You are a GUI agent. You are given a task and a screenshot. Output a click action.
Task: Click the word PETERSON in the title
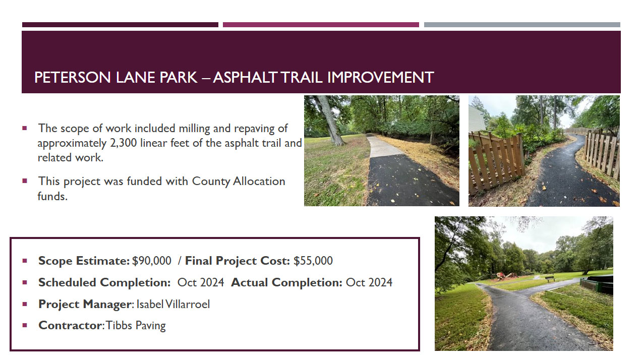pos(73,78)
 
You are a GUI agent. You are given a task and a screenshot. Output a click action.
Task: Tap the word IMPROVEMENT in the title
pos(380,78)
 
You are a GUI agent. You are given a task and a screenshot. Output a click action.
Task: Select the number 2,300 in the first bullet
pos(124,143)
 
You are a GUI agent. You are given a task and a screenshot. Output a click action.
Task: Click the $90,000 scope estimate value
pos(152,261)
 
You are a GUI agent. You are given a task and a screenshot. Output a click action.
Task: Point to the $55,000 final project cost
pos(313,261)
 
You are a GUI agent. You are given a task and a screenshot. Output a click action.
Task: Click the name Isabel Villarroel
pos(173,304)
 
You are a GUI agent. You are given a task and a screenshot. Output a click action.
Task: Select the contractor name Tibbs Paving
pos(136,325)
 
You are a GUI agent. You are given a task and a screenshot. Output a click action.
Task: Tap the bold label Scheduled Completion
pos(104,282)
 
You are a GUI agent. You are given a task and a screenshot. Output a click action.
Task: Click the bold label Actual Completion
pos(286,282)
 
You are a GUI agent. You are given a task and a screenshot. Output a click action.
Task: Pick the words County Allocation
pos(239,182)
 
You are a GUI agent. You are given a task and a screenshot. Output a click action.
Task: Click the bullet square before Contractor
pos(25,325)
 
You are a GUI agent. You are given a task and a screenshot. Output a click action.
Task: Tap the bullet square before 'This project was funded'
pos(25,181)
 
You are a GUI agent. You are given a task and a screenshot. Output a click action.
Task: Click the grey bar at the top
pos(522,25)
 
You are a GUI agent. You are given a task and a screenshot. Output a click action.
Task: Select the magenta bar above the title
pos(321,25)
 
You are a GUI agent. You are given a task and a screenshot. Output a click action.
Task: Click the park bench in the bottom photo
pos(549,278)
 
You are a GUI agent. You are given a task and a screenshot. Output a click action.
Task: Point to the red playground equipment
pos(506,276)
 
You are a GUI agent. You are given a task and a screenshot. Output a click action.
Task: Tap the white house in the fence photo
pos(476,119)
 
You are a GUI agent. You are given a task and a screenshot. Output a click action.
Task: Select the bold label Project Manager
pos(85,304)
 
